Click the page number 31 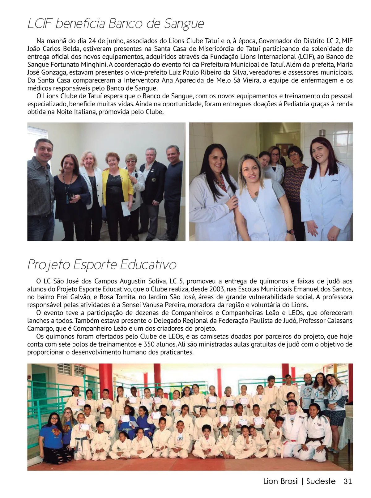tap(348, 481)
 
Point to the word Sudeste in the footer tap(321, 481)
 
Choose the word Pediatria tap(300, 104)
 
